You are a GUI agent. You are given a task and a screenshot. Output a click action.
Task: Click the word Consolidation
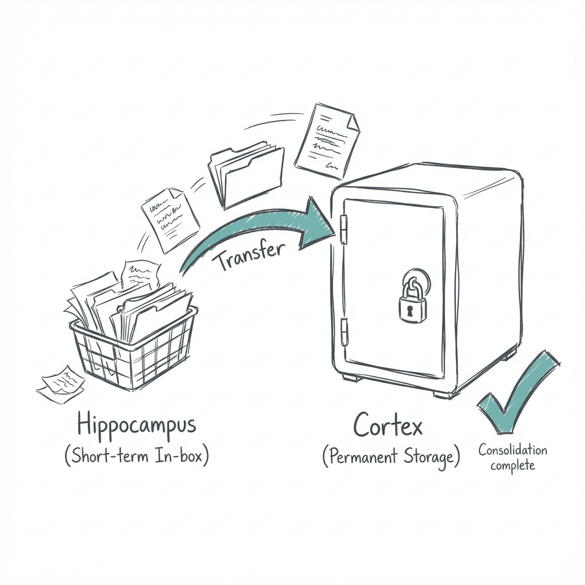tap(512, 450)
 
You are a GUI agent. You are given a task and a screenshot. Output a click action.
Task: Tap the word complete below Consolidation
tap(512, 465)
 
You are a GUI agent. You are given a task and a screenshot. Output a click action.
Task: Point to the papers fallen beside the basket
tap(60, 384)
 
